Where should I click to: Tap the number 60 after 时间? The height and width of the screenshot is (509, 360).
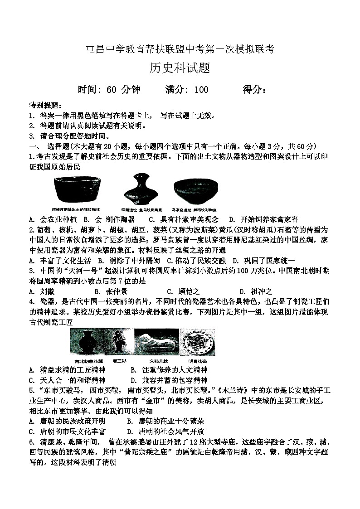point(112,90)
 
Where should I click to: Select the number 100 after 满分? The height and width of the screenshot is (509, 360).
point(201,90)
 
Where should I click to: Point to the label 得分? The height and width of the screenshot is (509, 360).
point(254,90)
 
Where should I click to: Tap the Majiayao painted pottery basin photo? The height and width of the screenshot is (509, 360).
point(195,191)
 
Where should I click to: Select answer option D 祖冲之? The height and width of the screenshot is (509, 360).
point(256,291)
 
